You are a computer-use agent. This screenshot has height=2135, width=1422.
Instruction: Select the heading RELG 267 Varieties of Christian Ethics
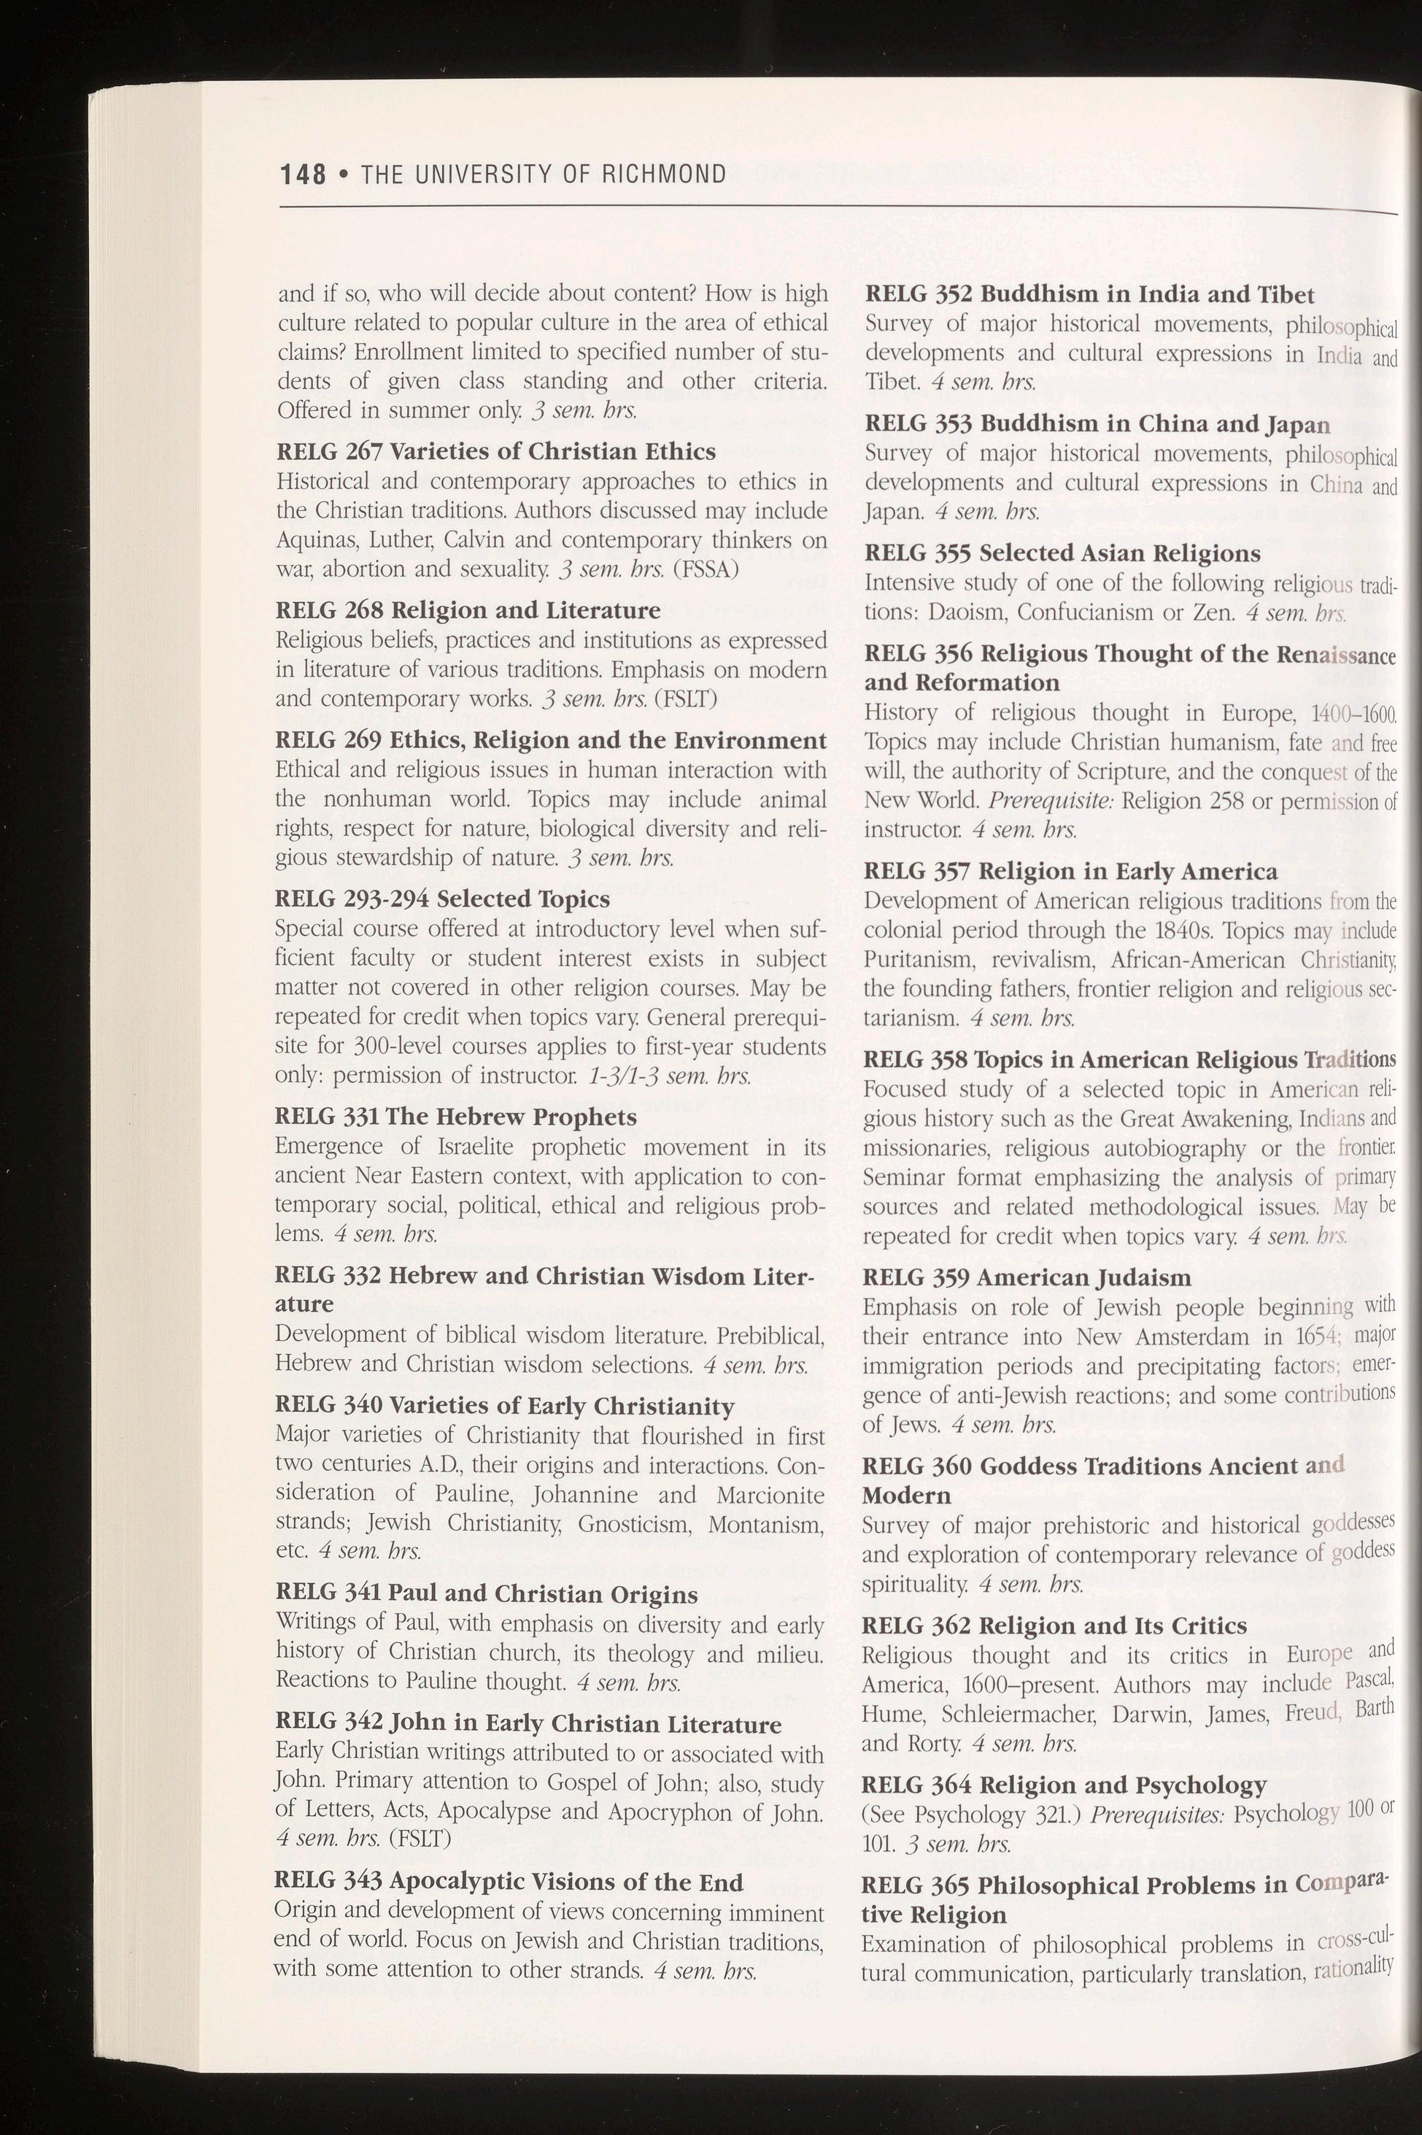pyautogui.click(x=496, y=452)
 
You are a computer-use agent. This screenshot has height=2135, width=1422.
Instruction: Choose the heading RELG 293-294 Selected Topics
pyautogui.click(x=443, y=899)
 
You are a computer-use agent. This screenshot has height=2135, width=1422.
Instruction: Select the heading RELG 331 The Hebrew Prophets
pyautogui.click(x=456, y=1117)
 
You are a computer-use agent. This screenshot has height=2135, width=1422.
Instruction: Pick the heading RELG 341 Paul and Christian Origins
pyautogui.click(x=486, y=1594)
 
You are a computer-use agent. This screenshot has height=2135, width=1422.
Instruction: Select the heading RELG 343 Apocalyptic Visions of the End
pyautogui.click(x=508, y=1882)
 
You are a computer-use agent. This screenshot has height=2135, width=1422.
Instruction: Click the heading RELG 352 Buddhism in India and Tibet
pyautogui.click(x=1089, y=295)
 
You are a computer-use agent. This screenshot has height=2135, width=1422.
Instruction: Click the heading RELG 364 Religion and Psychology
pyautogui.click(x=1064, y=1785)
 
